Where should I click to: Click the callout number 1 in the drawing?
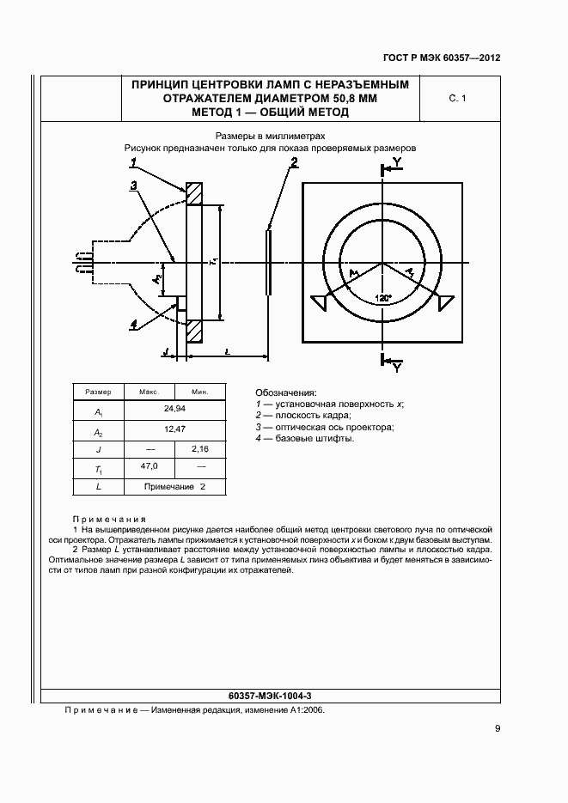click(x=134, y=162)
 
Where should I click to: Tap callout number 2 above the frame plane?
click(x=294, y=162)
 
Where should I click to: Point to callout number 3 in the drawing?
click(x=134, y=185)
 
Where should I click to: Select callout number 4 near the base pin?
click(x=134, y=324)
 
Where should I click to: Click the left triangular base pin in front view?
click(x=320, y=302)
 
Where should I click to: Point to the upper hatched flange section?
click(x=194, y=194)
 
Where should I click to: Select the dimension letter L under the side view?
click(x=225, y=352)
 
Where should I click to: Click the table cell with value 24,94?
click(x=174, y=411)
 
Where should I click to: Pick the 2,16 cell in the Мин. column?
click(x=200, y=448)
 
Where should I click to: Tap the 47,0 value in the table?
click(x=150, y=465)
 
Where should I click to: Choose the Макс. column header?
click(x=150, y=392)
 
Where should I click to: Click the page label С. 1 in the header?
click(x=456, y=100)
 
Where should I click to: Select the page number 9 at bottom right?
click(x=498, y=729)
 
